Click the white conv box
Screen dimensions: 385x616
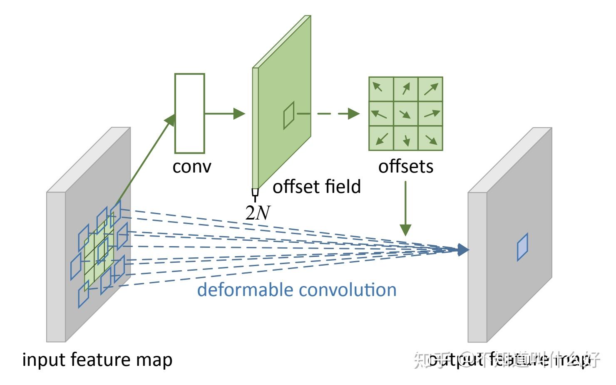pos(190,113)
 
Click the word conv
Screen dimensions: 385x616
pos(192,166)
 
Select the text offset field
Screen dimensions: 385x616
pos(316,187)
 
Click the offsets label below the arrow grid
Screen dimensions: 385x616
pos(405,166)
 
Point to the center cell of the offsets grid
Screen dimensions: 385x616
pos(406,114)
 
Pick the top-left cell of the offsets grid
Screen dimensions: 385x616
pos(381,89)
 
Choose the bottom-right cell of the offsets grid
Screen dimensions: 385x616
pos(430,138)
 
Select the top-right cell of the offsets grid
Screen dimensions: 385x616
pos(430,89)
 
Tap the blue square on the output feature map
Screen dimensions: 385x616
pos(522,247)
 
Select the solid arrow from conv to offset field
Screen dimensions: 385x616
pos(225,113)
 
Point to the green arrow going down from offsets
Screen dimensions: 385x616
pos(405,208)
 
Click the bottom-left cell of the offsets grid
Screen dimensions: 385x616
pos(381,138)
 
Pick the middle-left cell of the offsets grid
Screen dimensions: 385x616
pos(381,114)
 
